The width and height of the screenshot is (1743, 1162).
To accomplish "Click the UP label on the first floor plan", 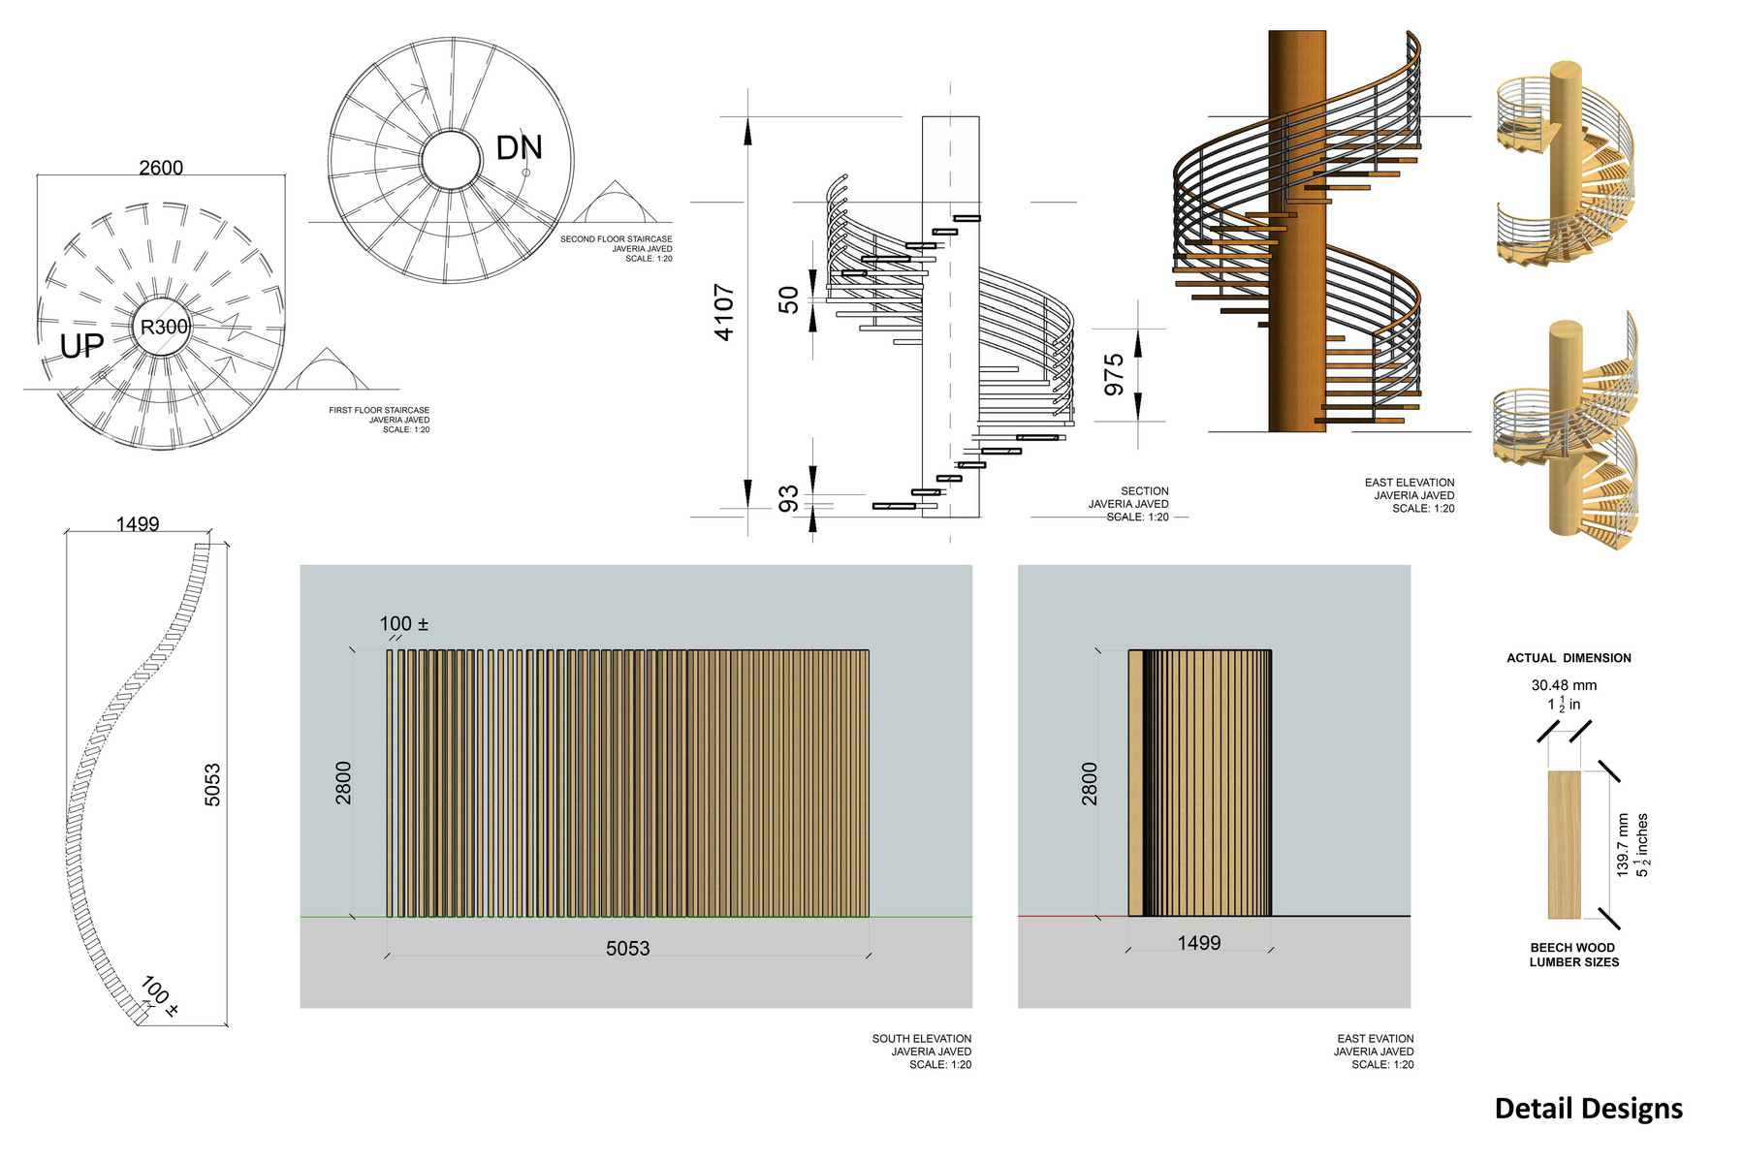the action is [81, 346].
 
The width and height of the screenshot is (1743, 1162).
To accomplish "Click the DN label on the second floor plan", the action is [519, 147].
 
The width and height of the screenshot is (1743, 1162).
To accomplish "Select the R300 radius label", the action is [164, 327].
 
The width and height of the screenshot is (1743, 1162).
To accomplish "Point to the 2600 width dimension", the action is [161, 168].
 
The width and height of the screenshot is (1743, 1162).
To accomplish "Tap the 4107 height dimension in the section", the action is [724, 312].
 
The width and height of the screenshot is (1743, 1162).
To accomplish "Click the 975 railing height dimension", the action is [1114, 375].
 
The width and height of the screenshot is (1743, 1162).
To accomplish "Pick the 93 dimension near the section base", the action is [789, 499].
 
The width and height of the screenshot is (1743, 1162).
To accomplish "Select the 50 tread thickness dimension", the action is [789, 300].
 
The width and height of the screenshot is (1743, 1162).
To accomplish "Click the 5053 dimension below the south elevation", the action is [628, 949].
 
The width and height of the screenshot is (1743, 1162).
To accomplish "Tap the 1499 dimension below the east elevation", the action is [1199, 943].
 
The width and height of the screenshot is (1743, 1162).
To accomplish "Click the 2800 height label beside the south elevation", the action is [343, 783].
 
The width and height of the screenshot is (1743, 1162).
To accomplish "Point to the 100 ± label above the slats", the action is [403, 624].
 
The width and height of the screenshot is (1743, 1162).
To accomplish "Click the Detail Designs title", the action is [1589, 1109].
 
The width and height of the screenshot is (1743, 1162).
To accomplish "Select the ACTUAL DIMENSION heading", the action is [1569, 658].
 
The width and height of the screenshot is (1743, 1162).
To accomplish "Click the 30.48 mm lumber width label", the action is [1564, 685].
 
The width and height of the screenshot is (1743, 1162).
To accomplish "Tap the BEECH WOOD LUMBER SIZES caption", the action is [1573, 955].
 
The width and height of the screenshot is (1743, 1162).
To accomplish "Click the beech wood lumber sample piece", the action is [1564, 845].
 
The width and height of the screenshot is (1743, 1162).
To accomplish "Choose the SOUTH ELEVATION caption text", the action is [921, 1039].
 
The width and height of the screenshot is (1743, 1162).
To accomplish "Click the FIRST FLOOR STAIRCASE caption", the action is [379, 410].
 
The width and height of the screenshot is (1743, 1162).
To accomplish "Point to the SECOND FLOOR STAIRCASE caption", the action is [616, 239].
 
